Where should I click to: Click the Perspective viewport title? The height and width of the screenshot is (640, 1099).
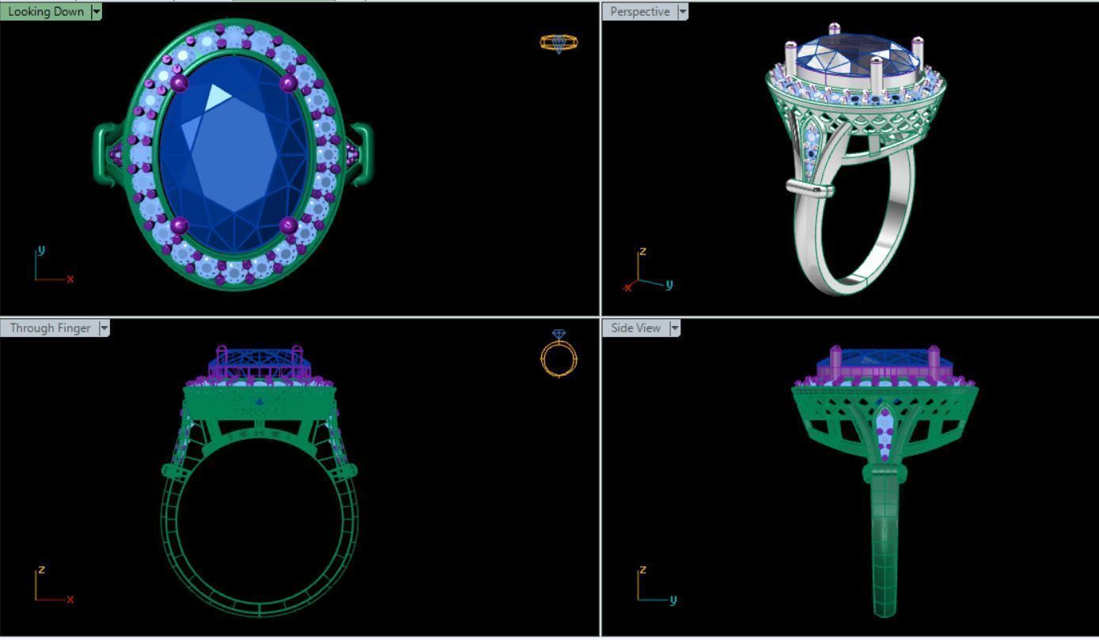(639, 12)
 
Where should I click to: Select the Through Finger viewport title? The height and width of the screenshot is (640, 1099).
(49, 328)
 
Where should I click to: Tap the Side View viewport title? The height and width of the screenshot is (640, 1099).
(635, 328)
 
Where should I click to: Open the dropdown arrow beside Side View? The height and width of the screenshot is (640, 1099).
(675, 328)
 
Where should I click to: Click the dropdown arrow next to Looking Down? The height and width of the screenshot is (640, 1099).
(97, 12)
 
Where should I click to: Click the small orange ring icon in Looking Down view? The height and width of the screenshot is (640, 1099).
(559, 43)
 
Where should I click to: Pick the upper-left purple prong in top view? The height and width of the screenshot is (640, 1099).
(180, 81)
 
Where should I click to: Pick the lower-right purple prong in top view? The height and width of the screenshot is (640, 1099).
(289, 226)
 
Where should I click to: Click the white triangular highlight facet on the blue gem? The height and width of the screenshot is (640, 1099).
(218, 97)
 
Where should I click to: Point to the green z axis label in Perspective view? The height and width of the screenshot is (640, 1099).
(643, 252)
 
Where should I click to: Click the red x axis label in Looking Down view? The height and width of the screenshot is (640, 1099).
(70, 278)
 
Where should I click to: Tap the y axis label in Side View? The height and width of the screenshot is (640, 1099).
(673, 599)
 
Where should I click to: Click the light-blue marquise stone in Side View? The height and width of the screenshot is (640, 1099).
(884, 427)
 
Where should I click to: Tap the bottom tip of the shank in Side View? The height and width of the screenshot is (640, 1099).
(885, 613)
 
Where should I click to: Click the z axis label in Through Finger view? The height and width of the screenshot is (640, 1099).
(41, 569)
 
